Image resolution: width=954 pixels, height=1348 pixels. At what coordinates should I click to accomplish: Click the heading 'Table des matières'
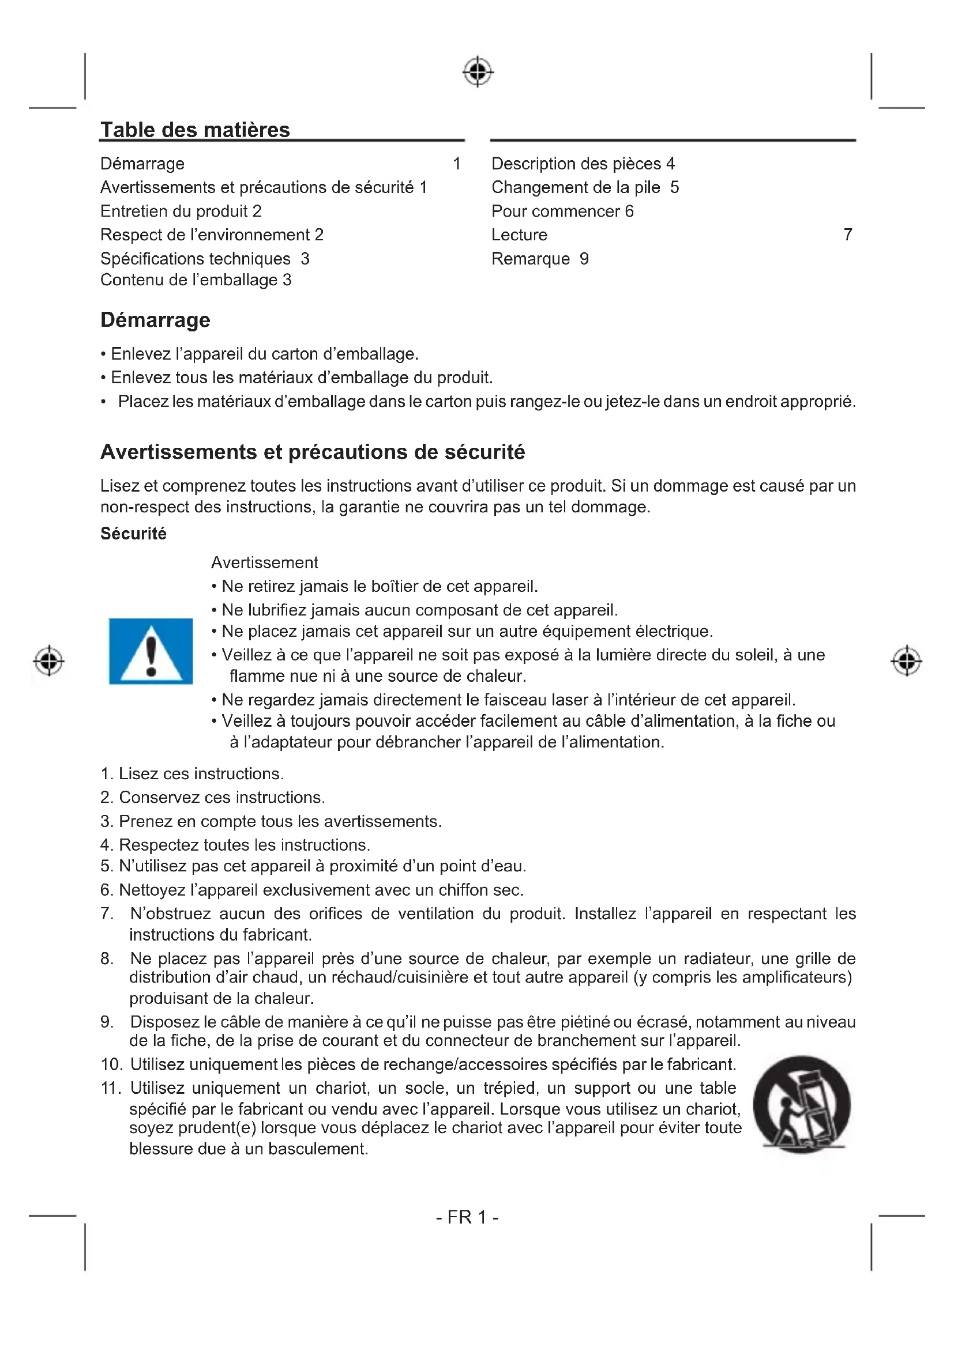195,130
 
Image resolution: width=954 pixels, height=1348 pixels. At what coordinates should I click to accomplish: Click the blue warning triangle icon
151,651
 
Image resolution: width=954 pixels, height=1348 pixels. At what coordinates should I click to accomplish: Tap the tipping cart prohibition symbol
802,1105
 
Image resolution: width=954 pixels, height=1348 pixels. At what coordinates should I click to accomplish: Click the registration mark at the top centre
478,71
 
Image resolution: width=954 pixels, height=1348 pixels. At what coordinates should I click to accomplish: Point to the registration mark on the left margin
49,660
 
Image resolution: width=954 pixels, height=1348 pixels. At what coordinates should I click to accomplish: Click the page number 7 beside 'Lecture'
848,235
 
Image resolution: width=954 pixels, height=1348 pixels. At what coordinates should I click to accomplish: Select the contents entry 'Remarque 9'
540,259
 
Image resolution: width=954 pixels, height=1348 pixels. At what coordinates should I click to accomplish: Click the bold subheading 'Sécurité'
133,534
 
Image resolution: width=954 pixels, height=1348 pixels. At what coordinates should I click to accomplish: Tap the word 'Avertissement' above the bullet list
264,562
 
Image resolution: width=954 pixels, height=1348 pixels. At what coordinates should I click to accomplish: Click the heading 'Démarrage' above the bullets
155,320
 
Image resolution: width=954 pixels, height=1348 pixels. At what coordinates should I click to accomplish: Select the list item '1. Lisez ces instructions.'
192,774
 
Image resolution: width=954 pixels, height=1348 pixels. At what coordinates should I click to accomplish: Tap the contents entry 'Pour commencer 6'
562,212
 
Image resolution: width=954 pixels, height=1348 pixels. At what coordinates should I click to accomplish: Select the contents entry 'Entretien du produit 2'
181,212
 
